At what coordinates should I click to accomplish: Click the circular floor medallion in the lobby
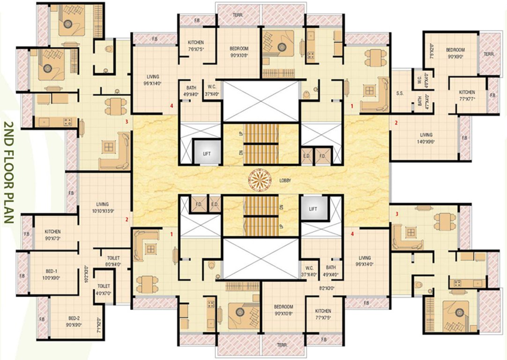point(259,179)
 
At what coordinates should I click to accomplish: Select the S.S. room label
point(400,93)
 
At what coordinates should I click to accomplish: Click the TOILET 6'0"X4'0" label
point(113,261)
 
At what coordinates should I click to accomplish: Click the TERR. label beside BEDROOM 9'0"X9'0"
point(489,54)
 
